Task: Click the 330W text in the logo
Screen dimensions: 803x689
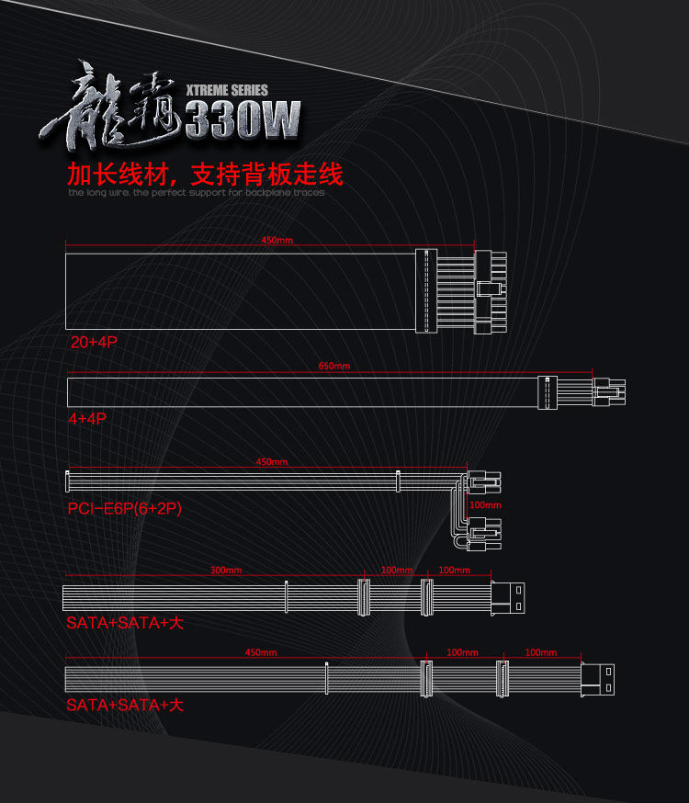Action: pos(243,119)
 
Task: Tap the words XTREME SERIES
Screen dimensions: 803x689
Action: pos(226,90)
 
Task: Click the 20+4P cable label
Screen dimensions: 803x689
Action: pos(95,342)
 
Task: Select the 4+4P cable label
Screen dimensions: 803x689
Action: pos(87,418)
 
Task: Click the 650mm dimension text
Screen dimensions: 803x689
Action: pos(334,366)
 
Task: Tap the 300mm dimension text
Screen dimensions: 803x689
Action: pos(226,571)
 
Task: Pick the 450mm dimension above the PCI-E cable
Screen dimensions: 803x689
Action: pos(271,461)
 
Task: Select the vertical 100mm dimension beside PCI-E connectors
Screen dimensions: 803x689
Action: pos(486,505)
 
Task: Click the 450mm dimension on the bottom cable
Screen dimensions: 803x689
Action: pos(261,652)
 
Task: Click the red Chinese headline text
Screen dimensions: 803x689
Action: pos(205,173)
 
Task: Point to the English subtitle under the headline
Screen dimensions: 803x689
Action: pos(196,193)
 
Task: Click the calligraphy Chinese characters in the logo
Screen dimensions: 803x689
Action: pos(119,106)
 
